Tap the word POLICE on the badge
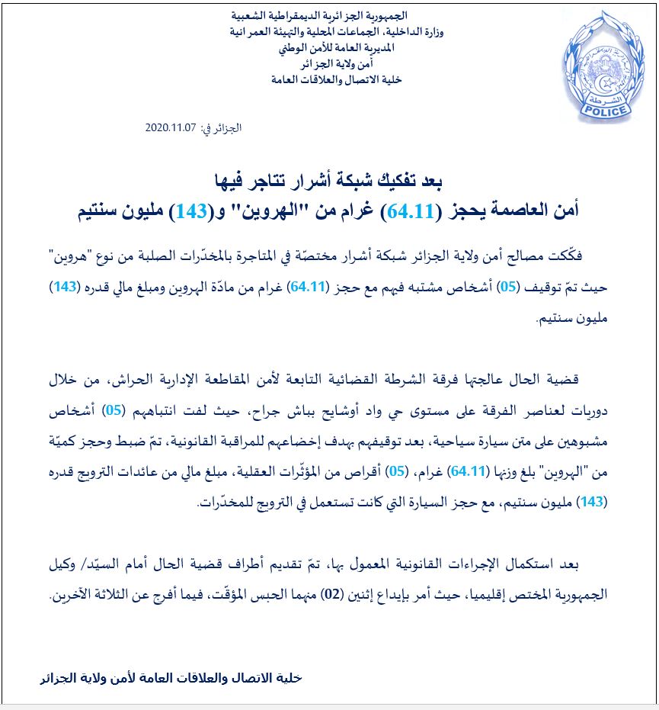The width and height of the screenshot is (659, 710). coord(606,111)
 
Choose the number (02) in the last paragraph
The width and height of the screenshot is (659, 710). coord(351,592)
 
